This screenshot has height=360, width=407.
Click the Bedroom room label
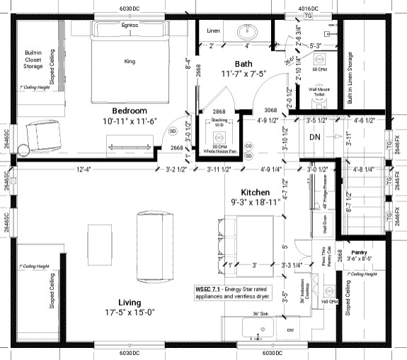coord(130,111)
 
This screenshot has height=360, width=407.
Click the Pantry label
coord(360,252)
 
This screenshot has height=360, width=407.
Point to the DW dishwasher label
coord(291,330)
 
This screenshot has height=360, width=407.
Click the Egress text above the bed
coord(130,25)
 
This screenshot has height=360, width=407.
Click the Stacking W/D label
coord(219,121)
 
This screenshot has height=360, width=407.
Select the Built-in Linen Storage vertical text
coord(350,78)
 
